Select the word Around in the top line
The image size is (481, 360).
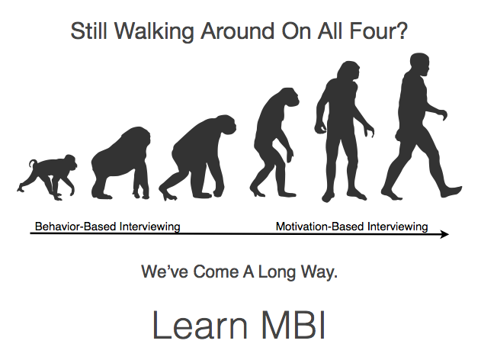[237, 31]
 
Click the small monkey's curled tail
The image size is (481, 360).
[33, 163]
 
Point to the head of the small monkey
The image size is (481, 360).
[70, 162]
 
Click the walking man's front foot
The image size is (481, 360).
[451, 191]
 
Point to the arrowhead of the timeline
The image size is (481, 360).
[444, 234]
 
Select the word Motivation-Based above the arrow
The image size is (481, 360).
[320, 227]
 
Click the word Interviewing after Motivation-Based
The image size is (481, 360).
[398, 227]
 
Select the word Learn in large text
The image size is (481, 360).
[200, 325]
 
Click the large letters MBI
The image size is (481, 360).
[293, 325]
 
